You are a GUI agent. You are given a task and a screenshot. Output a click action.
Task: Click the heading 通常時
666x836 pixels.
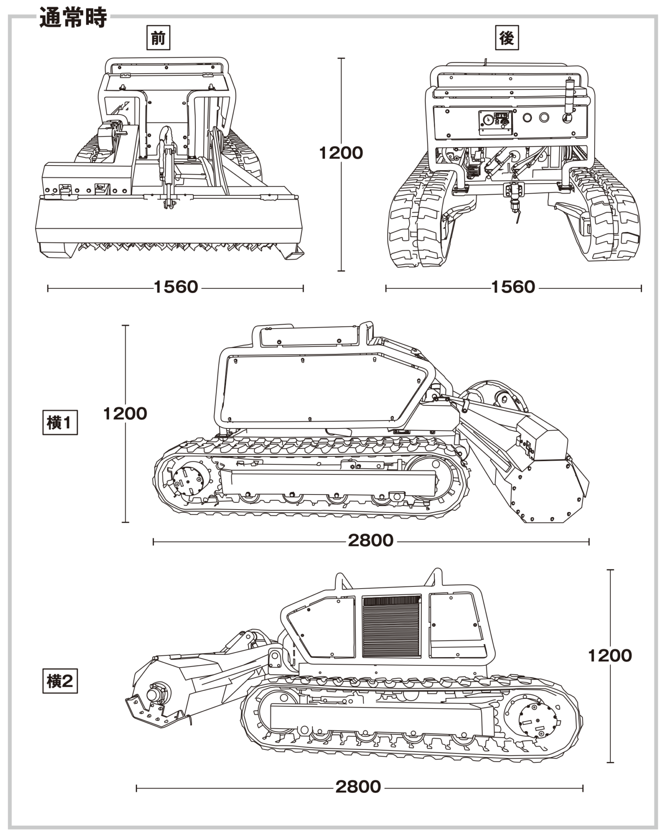click(73, 18)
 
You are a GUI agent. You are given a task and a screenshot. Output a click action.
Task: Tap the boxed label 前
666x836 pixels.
click(158, 38)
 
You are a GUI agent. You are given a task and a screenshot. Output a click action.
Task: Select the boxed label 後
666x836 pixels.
click(507, 38)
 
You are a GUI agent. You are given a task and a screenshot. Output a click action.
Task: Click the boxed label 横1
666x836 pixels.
click(60, 423)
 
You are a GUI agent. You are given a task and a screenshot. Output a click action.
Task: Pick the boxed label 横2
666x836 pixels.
click(60, 681)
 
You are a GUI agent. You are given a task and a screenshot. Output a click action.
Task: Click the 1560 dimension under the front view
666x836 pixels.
click(176, 287)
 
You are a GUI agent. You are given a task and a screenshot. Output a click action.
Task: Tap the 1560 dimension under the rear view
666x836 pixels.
click(513, 287)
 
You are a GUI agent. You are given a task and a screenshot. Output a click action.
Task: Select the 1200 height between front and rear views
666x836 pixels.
click(341, 153)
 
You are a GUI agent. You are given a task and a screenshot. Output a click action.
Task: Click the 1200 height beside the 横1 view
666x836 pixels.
click(125, 414)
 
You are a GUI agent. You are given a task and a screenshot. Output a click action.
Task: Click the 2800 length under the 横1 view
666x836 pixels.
click(371, 540)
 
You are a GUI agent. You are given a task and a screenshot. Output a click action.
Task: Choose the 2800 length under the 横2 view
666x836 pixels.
click(358, 787)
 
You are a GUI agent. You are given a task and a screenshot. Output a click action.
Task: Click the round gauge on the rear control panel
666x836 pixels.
click(486, 120)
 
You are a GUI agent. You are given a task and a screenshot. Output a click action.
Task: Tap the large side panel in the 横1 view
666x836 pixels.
click(322, 389)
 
